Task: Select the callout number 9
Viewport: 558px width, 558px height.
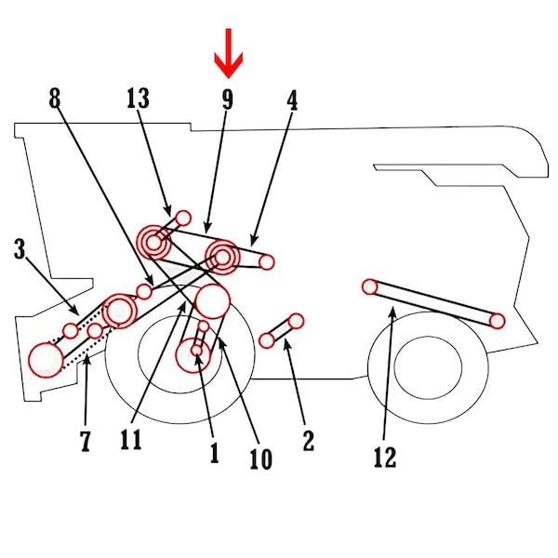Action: (227, 99)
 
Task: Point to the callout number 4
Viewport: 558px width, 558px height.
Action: (292, 99)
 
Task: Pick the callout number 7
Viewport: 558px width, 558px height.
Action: (86, 441)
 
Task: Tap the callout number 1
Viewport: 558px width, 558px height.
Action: (213, 453)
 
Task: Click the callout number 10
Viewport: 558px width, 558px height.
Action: (260, 458)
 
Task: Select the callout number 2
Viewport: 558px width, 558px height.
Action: (308, 441)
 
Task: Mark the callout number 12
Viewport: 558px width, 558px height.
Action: (384, 457)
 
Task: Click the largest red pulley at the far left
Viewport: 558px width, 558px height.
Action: (44, 359)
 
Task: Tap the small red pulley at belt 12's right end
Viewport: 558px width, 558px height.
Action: (497, 321)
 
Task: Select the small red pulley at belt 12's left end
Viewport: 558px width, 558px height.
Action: (370, 286)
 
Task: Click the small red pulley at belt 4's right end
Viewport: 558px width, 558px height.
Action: (267, 262)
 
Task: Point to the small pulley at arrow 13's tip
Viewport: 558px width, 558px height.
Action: (183, 218)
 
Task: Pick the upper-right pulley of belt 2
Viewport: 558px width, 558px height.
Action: (296, 322)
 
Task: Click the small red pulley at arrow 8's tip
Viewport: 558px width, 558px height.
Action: (144, 292)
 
